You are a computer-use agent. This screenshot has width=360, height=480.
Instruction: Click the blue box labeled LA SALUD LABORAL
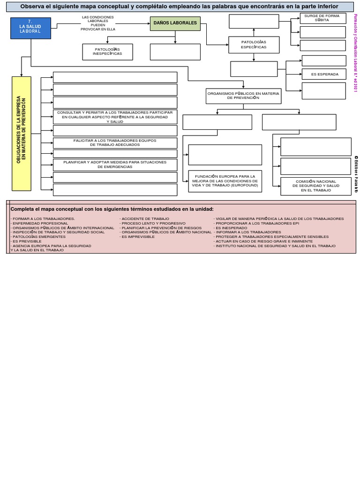(30, 28)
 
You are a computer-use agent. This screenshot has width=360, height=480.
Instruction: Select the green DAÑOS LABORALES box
(175, 23)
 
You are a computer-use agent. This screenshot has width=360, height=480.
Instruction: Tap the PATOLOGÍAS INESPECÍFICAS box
(107, 52)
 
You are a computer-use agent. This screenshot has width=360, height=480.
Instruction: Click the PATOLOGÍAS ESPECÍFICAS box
(254, 45)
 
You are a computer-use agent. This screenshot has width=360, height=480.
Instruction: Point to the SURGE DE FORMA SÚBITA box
(322, 18)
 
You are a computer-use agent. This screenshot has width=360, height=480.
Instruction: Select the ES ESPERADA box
(324, 74)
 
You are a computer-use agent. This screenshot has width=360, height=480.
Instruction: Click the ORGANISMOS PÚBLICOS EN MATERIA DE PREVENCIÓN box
(243, 96)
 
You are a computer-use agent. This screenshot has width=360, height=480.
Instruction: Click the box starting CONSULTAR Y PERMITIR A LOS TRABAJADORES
(115, 117)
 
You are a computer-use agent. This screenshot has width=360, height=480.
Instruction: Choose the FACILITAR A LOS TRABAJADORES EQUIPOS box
(115, 142)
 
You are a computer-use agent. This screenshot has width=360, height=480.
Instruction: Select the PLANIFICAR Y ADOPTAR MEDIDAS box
(115, 164)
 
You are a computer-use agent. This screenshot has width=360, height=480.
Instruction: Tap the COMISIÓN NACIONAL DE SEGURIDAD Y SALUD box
(315, 186)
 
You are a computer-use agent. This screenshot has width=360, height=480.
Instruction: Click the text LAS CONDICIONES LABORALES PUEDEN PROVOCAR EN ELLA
(97, 23)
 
